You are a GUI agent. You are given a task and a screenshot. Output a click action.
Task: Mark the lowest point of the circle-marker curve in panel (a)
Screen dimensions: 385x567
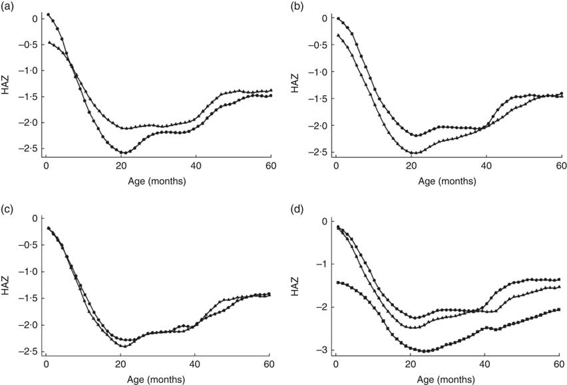[x=123, y=153]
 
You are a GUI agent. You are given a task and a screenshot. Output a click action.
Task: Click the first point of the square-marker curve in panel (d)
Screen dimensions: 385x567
[x=338, y=282]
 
